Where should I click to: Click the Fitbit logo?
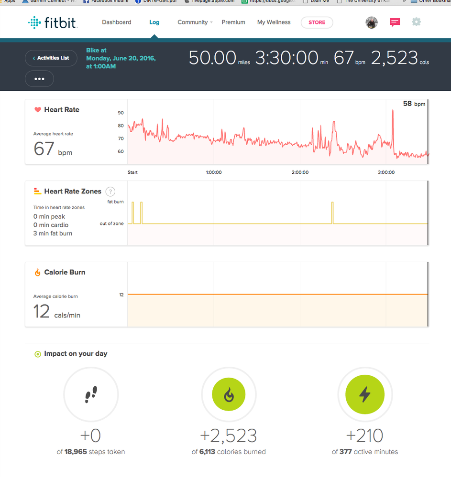point(53,22)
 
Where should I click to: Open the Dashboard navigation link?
point(117,22)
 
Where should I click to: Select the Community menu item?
point(193,22)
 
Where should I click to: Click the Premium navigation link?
point(233,22)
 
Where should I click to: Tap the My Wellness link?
point(274,22)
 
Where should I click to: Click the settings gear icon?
point(417,22)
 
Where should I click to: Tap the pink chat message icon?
point(395,22)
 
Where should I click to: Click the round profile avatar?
point(372,22)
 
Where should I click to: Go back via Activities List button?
point(51,58)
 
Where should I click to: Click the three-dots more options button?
point(39,79)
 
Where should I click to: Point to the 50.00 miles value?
point(213,58)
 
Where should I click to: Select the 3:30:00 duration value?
point(286,58)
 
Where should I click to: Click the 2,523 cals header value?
point(395,58)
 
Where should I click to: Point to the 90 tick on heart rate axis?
point(121,113)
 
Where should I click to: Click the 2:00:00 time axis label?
point(300,172)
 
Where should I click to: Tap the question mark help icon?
point(110,191)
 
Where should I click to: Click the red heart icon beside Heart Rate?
point(37,110)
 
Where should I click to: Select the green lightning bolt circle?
point(365,394)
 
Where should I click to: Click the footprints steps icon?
point(91,394)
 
